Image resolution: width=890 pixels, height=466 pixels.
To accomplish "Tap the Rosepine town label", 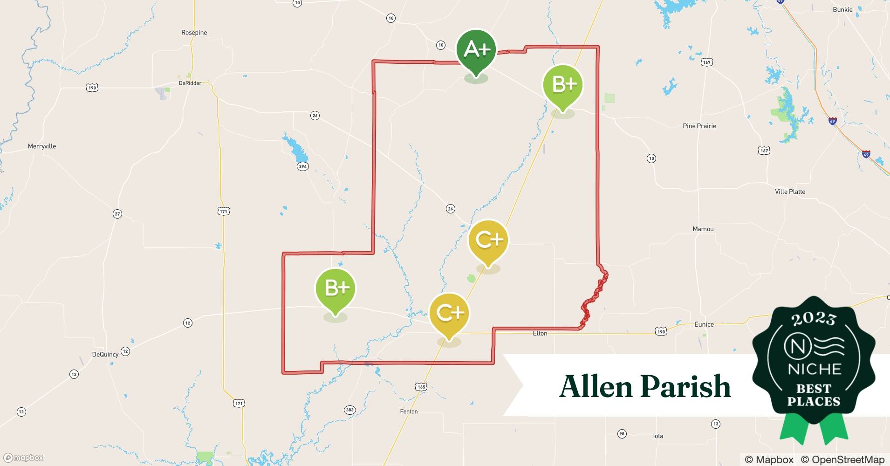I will tap(194, 33).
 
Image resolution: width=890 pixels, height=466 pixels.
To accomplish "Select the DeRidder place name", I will tap(190, 83).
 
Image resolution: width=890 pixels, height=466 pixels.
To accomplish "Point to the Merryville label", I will tap(42, 146).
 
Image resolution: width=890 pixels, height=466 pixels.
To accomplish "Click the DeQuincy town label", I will tap(105, 355).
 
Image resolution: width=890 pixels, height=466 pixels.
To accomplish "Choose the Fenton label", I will tap(409, 411).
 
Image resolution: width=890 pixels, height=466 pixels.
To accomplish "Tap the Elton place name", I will tap(540, 334).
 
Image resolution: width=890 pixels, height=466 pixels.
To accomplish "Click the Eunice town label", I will tap(704, 325).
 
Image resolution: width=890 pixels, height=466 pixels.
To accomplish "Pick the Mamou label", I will tap(703, 229).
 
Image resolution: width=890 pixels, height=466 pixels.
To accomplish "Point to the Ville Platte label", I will tap(790, 192).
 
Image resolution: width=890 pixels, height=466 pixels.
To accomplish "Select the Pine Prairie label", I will tap(699, 126).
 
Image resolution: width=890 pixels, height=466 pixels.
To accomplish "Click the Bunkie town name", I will tap(842, 10).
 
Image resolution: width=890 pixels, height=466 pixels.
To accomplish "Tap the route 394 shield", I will tap(303, 166).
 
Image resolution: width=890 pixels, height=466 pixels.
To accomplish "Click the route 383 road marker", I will tap(349, 410).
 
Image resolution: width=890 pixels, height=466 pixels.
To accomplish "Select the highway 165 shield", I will tap(421, 387).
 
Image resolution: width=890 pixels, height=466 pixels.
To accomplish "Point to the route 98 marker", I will tap(622, 434).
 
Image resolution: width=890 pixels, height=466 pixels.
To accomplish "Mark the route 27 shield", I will tap(117, 214).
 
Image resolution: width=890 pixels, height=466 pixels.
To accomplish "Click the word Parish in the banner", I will tap(686, 387).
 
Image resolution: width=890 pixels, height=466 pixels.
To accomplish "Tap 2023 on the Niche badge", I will tap(814, 319).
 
